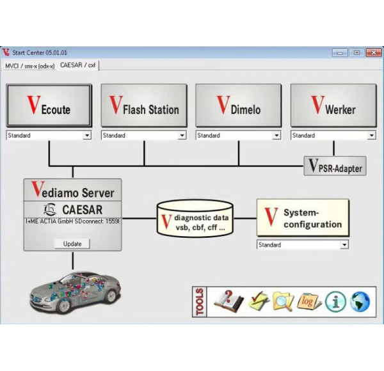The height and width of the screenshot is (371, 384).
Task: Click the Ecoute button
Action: pos(49,106)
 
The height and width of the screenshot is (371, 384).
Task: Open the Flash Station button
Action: pos(144,106)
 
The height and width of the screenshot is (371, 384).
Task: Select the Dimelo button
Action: pos(239,106)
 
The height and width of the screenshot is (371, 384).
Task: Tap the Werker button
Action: pos(333,106)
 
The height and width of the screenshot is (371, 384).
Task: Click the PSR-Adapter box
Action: pos(335,166)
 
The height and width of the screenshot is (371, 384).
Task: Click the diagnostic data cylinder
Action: pos(195,219)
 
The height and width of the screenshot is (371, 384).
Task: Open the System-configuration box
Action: pos(303,217)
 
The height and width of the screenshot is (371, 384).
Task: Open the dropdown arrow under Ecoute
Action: pos(87,136)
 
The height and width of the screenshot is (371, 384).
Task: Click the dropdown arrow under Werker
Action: pos(371,136)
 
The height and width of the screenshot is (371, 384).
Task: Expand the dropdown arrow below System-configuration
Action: pos(344,245)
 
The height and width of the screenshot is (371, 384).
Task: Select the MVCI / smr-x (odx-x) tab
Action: pos(30,66)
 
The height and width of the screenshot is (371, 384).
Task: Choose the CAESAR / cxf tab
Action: pos(78,65)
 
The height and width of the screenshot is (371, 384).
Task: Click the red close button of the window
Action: pos(374,52)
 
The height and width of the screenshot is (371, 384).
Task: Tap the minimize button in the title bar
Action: pos(340,52)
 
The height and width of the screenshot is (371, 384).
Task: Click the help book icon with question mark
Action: pos(228,301)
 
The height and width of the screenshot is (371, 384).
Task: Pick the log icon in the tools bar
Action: pos(308,301)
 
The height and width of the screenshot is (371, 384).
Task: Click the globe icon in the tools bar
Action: pos(360,301)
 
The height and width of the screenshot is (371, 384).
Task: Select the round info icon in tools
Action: pos(335,301)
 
